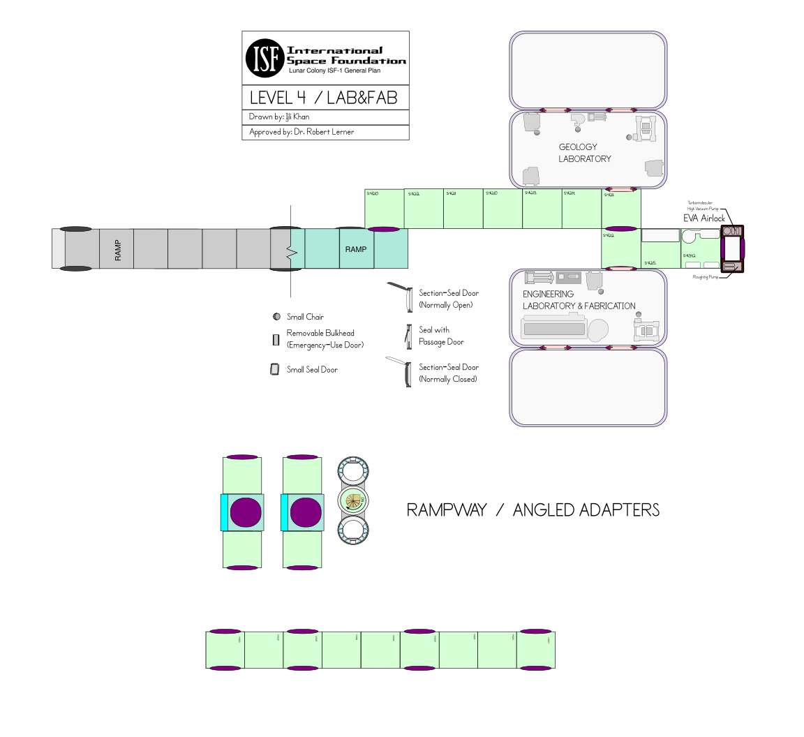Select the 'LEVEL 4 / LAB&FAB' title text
tap(324, 97)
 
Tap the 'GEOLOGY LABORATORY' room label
tap(584, 153)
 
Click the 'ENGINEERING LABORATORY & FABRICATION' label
tap(579, 300)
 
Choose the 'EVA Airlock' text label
tap(703, 218)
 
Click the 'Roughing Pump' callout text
tap(705, 277)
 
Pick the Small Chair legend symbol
tap(276, 317)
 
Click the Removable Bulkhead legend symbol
tap(276, 340)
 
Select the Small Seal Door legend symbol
tap(275, 369)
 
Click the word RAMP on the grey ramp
tap(118, 250)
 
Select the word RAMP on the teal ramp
tap(356, 249)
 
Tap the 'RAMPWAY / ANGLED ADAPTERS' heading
tap(533, 510)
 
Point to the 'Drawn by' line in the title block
tap(279, 117)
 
